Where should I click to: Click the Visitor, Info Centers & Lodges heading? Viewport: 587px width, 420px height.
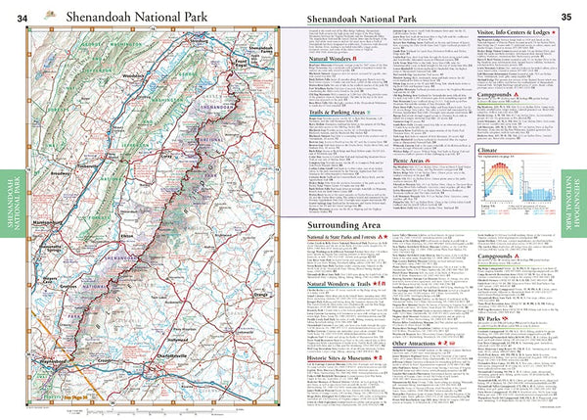coord(511,31)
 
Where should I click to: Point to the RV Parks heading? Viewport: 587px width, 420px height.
coord(488,317)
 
